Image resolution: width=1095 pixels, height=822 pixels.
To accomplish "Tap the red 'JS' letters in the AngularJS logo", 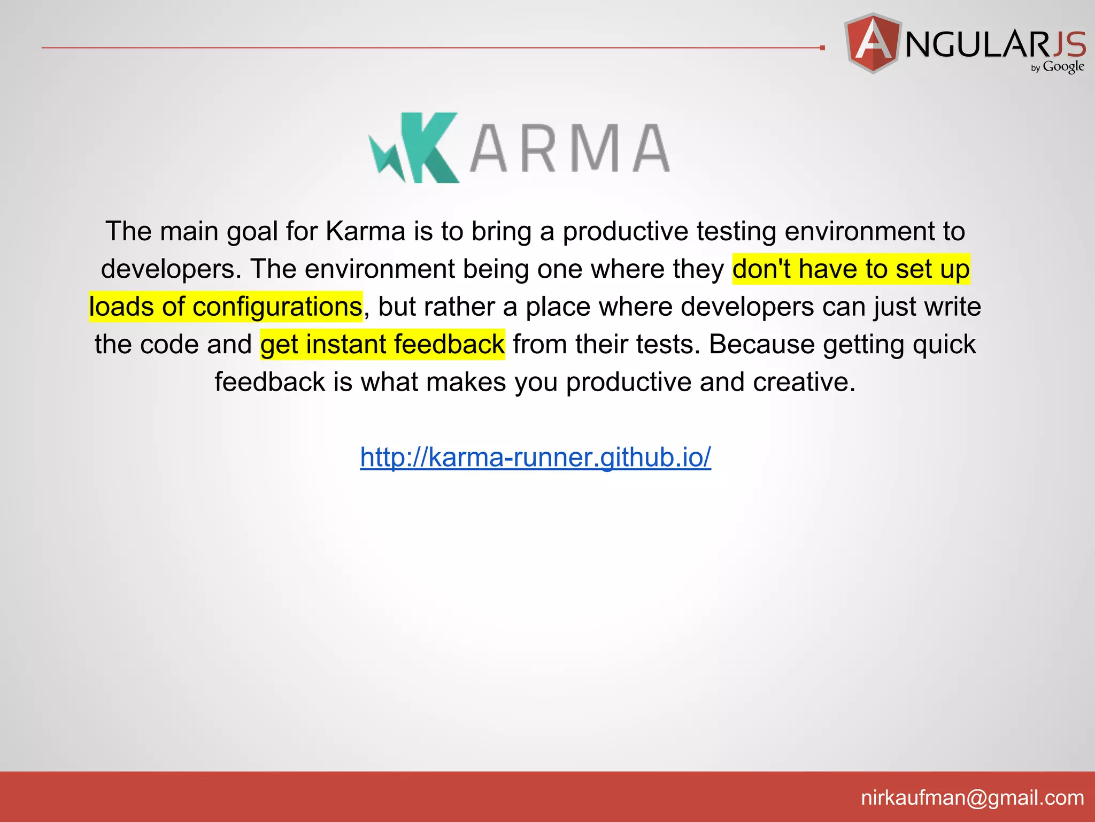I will click(1069, 44).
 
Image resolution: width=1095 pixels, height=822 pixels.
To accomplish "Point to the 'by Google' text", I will click(1058, 67).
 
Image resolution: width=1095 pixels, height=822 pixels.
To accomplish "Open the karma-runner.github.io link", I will click(535, 457).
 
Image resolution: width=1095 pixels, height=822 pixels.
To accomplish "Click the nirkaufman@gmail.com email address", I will click(972, 798).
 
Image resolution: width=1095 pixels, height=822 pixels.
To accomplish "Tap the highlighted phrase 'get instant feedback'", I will click(382, 344).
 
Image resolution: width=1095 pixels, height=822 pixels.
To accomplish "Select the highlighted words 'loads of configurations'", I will click(226, 307).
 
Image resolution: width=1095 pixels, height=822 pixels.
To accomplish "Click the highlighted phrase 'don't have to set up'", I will click(851, 269).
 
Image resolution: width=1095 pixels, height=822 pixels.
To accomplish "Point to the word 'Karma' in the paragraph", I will click(366, 231).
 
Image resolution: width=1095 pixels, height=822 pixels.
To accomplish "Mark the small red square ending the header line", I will click(822, 48).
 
